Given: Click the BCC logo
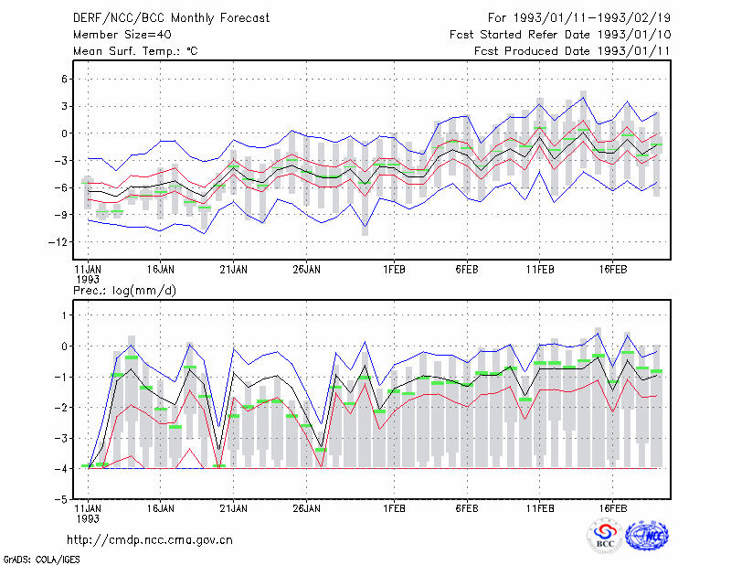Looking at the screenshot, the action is (605, 536).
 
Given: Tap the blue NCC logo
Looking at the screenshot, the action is (647, 536).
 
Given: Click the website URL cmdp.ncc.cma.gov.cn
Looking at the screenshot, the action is (150, 540).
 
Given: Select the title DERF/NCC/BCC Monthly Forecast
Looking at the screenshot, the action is (171, 18).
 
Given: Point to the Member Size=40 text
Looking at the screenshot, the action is (122, 35).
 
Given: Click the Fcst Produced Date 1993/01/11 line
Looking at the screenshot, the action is (572, 51).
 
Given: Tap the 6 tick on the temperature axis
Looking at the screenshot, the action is (64, 80).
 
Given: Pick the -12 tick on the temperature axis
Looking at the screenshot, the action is (58, 242).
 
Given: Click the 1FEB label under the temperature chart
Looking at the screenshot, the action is (394, 270).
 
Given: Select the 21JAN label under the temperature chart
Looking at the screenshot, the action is (234, 270).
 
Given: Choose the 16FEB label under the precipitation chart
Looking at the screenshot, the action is (612, 508).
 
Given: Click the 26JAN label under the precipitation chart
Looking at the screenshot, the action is (306, 508).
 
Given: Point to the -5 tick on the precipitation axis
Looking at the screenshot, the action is (61, 500).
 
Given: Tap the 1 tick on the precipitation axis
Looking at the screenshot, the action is (65, 315).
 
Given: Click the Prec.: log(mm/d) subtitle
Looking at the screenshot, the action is (124, 291).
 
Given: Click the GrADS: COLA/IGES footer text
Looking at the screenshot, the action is (42, 560).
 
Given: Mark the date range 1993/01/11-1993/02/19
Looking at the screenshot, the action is (592, 18).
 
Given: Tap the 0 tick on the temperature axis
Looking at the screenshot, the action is (64, 133).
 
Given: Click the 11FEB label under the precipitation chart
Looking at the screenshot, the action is (540, 508).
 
